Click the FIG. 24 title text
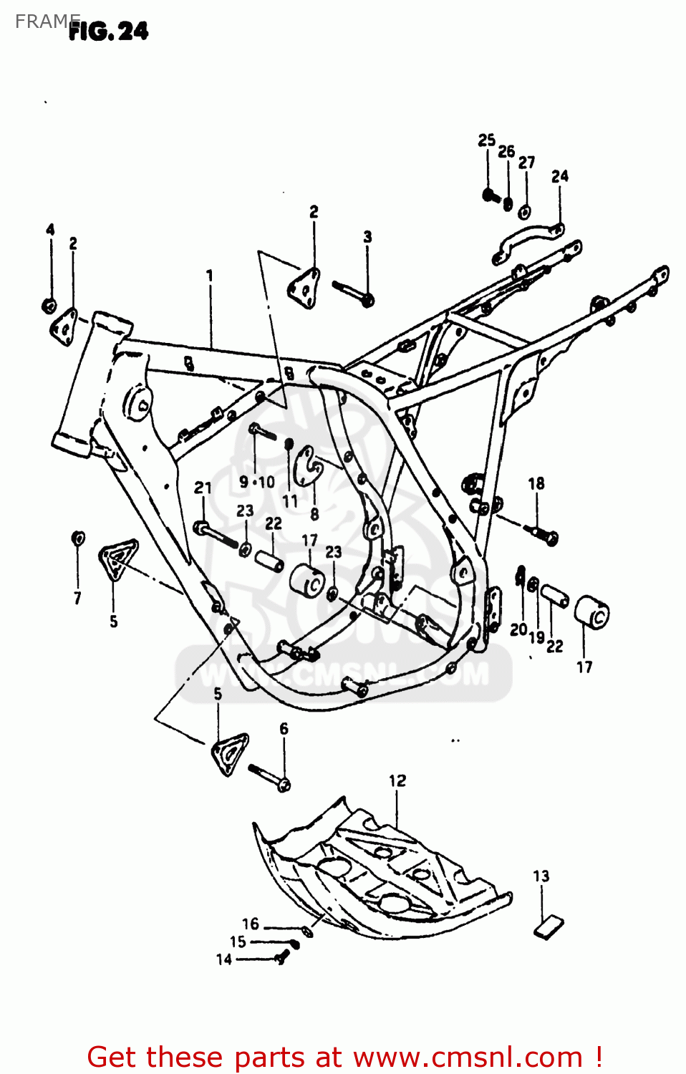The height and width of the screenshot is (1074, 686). (x=109, y=32)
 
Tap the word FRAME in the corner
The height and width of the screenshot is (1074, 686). (x=44, y=21)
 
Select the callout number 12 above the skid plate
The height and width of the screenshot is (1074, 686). (x=397, y=780)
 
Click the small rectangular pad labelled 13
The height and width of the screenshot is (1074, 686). (x=549, y=925)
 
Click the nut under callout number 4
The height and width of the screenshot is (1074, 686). (x=49, y=305)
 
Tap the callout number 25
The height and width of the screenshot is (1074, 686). (x=487, y=140)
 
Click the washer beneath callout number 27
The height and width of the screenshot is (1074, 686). (x=525, y=211)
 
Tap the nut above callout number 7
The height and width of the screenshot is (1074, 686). (x=78, y=537)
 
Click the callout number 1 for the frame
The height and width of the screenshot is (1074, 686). (x=209, y=276)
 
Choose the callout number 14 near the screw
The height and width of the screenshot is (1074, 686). (x=224, y=959)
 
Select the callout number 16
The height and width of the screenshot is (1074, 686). (x=250, y=924)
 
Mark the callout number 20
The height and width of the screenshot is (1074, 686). (x=518, y=630)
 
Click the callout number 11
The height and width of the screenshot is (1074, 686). (x=289, y=501)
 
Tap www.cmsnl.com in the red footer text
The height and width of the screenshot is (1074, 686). (x=468, y=1058)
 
